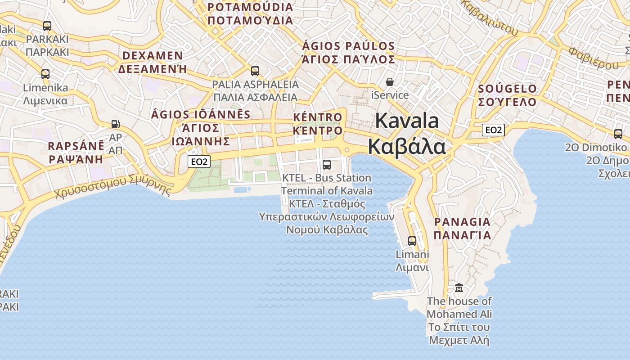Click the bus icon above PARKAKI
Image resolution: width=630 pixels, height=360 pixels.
(x=47, y=26)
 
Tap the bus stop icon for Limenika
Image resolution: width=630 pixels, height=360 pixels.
(x=45, y=74)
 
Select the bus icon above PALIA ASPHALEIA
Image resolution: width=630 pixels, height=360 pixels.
(x=255, y=71)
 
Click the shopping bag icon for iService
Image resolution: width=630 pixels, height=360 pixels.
(x=390, y=82)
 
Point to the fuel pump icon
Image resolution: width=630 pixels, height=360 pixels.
(x=116, y=124)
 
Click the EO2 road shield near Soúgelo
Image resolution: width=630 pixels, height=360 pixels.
(x=493, y=130)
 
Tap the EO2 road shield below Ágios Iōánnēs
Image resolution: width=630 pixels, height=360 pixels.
(x=199, y=162)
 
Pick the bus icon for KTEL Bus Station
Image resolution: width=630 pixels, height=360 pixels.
(x=327, y=165)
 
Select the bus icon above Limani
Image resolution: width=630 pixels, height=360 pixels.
(x=412, y=241)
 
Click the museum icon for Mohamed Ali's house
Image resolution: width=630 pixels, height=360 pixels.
(x=459, y=288)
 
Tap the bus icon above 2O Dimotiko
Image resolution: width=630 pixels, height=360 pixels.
(x=618, y=134)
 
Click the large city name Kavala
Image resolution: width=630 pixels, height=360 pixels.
(x=407, y=121)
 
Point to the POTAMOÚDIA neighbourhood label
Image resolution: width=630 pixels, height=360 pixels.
(x=250, y=7)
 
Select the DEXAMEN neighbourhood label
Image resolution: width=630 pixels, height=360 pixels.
(x=153, y=56)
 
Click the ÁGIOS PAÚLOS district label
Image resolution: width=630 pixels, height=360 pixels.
(x=348, y=46)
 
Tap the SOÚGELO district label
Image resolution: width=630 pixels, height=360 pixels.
(x=508, y=89)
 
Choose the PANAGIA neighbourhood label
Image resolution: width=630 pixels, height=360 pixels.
(x=462, y=222)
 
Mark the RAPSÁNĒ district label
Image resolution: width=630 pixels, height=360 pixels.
(x=76, y=146)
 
